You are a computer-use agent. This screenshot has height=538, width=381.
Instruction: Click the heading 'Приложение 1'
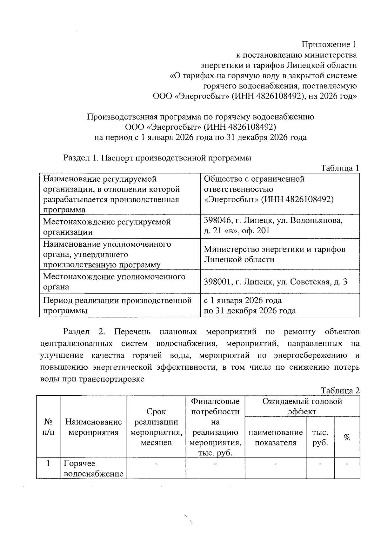click(329, 44)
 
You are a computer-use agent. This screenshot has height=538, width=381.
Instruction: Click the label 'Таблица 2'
click(340, 390)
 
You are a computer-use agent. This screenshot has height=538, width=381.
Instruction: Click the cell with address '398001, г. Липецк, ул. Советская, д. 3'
click(275, 282)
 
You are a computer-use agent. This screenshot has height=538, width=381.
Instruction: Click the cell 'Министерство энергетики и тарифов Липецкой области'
click(274, 254)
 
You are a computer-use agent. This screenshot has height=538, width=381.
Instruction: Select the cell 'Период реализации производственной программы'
click(117, 305)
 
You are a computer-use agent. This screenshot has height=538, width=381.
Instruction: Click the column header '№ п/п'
click(48, 427)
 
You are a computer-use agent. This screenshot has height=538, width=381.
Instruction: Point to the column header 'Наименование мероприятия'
click(93, 427)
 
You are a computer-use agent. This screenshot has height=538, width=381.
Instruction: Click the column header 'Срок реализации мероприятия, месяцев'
click(156, 427)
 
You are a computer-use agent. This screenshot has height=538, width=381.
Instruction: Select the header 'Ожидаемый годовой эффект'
click(302, 406)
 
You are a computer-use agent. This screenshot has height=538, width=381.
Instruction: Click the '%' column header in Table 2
click(347, 438)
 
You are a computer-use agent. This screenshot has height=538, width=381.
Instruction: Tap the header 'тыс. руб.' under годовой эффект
click(320, 438)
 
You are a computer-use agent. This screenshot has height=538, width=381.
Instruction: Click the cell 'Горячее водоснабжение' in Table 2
click(93, 469)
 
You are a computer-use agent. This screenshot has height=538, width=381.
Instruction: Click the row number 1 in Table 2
click(48, 463)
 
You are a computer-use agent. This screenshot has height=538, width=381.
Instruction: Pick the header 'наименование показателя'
click(275, 438)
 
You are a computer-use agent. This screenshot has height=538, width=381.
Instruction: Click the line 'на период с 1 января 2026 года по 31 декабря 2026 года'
click(200, 137)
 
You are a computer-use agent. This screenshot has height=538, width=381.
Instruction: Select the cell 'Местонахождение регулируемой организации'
click(107, 227)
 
